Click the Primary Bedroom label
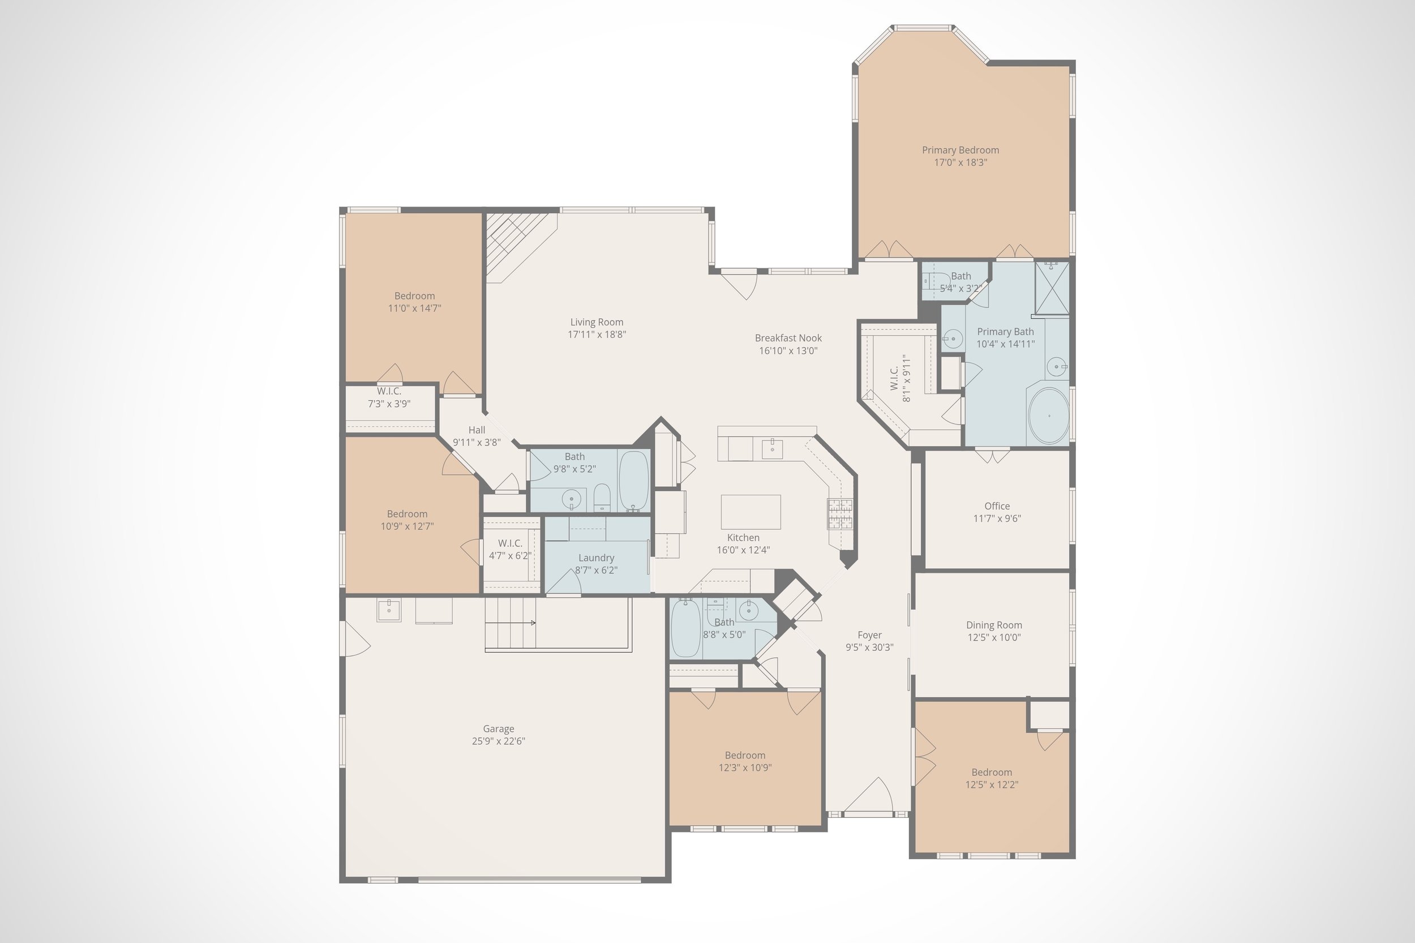[961, 151]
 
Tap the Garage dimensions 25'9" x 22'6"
[498, 741]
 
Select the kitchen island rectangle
[751, 512]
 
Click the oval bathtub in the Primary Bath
[1049, 415]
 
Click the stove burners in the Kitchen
[839, 513]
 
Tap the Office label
[997, 507]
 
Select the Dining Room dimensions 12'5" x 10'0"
[993, 637]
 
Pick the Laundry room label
[596, 558]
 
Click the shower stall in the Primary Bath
[1052, 288]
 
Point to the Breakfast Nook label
[788, 338]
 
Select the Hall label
[476, 430]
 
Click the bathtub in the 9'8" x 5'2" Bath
[633, 481]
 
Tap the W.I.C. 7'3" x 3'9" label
[389, 392]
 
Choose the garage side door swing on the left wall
[355, 639]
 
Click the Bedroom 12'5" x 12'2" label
[991, 772]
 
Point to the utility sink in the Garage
[389, 609]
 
